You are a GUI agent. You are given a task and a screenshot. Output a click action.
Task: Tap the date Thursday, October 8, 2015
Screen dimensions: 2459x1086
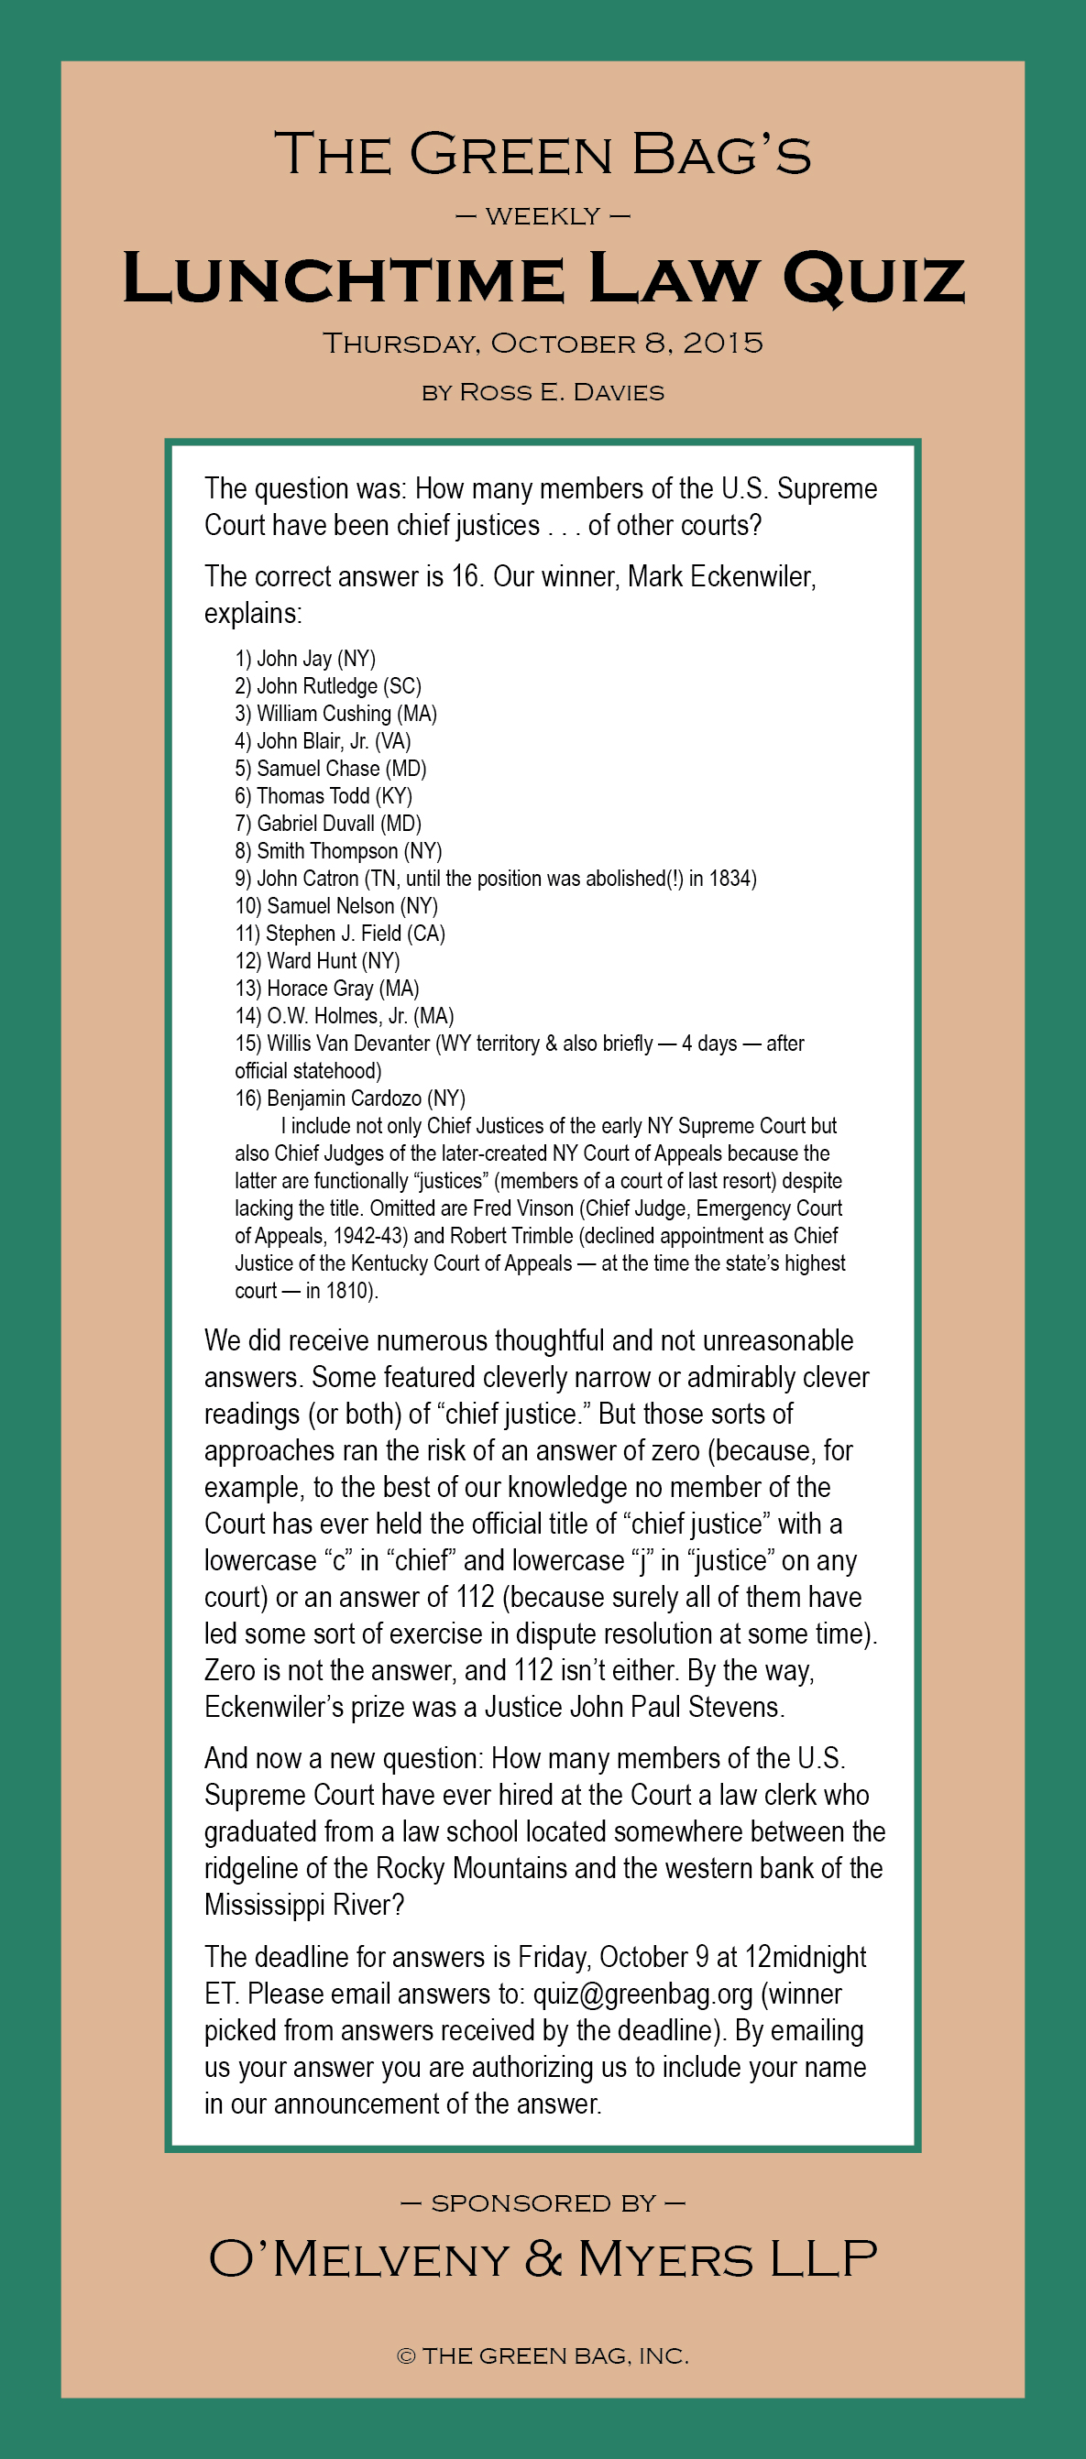click(543, 344)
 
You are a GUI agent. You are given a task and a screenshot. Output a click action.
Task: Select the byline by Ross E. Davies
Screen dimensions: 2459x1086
click(543, 392)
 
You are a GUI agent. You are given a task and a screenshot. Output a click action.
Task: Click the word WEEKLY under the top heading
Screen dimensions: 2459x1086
click(543, 217)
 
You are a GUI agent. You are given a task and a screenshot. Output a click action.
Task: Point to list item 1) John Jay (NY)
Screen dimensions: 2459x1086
click(306, 659)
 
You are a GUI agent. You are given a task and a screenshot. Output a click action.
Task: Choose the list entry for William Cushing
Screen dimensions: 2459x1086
click(336, 714)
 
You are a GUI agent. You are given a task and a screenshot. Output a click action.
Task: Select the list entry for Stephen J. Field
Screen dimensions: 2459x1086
click(340, 934)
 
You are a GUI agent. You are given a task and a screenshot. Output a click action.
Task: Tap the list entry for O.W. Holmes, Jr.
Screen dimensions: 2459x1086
click(345, 1016)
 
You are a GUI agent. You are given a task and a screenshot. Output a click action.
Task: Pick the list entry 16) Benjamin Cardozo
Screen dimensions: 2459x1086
click(350, 1098)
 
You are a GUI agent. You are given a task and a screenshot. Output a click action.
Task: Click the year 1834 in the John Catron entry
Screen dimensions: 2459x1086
click(732, 879)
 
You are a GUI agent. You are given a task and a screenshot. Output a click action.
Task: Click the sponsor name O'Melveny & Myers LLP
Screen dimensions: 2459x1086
click(543, 2259)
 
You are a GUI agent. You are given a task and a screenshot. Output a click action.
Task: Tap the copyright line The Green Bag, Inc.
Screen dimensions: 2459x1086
click(543, 2355)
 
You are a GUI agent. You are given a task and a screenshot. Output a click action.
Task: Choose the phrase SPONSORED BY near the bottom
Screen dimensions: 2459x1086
click(543, 2203)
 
